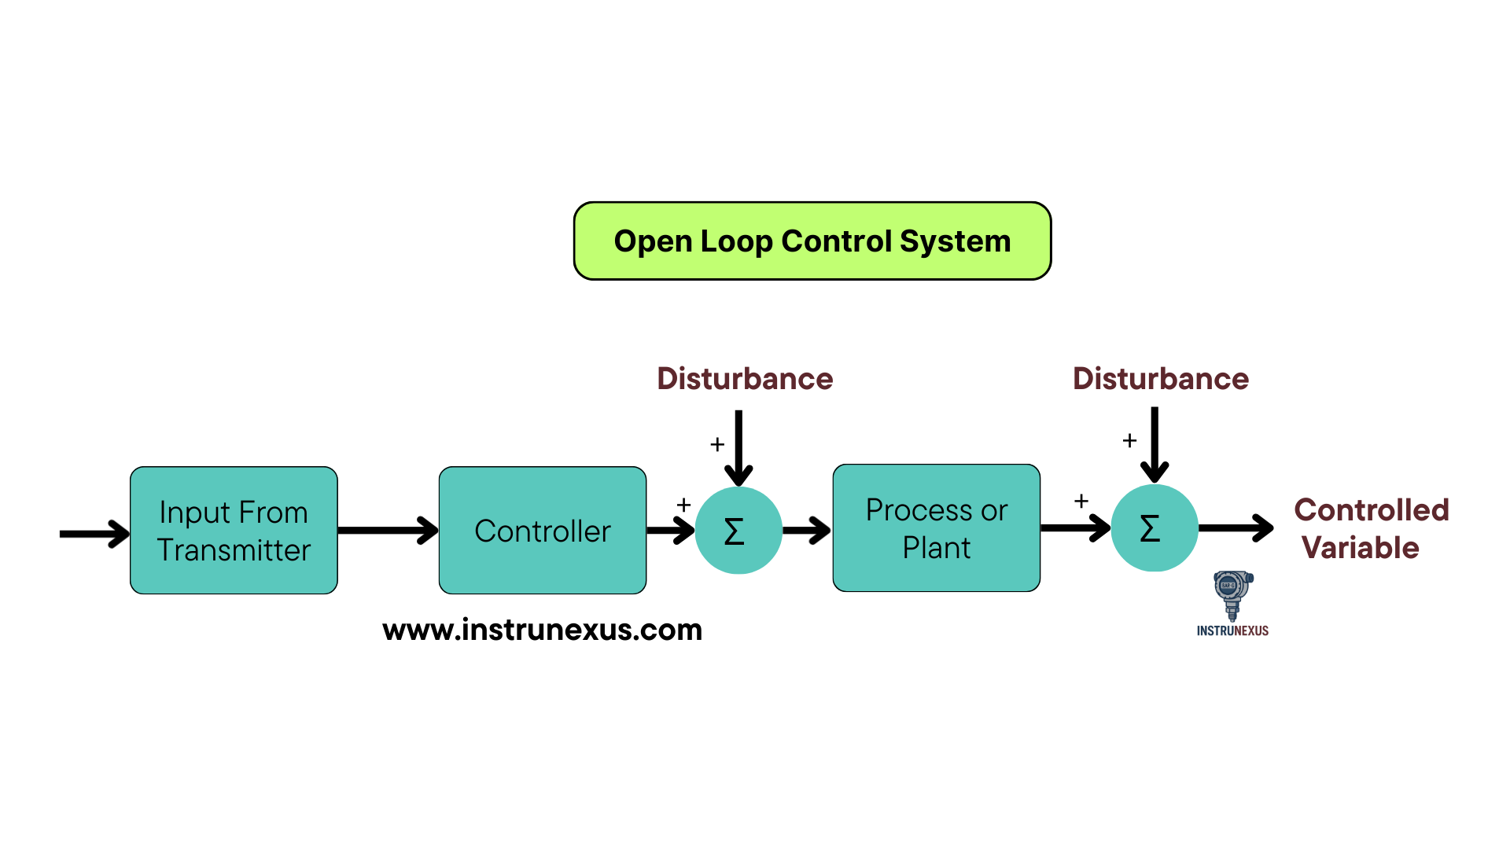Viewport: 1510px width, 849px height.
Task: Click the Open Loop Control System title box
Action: (812, 241)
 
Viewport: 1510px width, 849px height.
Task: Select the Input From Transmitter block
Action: (234, 531)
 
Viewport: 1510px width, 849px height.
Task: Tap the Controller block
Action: (543, 531)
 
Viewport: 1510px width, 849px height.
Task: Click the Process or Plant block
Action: (937, 528)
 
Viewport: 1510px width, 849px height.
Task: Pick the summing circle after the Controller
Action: (738, 531)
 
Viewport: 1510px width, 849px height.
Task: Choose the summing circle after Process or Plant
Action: (1155, 528)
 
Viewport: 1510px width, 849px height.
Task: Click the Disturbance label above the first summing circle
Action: (745, 379)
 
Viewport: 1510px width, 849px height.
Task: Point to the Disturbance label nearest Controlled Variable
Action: (1161, 379)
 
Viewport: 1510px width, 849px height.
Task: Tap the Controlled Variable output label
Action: (1371, 528)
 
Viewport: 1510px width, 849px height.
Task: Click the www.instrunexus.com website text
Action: (542, 630)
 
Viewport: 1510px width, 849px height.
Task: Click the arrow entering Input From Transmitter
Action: (94, 534)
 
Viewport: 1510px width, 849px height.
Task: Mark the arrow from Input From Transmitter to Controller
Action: (388, 531)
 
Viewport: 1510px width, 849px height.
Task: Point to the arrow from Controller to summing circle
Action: (670, 531)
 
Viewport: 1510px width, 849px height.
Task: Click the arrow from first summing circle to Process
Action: (807, 531)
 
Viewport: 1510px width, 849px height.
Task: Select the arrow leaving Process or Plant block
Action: (1074, 528)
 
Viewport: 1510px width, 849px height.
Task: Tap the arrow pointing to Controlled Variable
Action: (1236, 528)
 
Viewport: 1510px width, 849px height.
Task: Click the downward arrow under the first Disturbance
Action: (738, 448)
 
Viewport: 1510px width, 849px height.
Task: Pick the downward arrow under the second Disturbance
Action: (1155, 445)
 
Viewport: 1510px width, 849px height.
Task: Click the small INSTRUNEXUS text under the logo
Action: (1232, 630)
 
